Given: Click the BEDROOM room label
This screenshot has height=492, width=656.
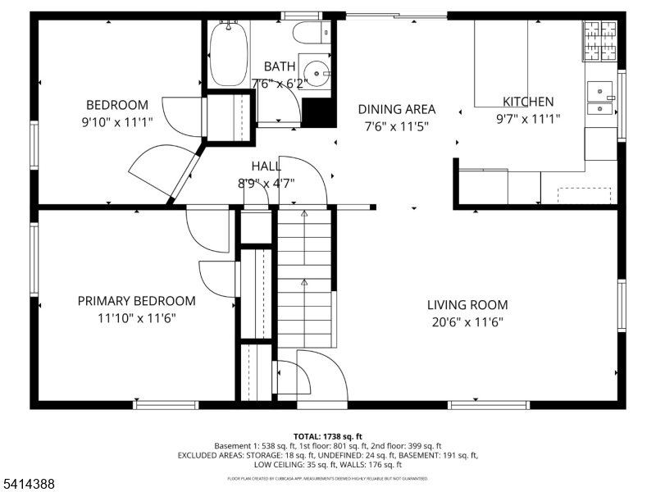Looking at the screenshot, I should pos(117,105).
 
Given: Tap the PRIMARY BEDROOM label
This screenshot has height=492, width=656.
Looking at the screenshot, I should pos(136,301).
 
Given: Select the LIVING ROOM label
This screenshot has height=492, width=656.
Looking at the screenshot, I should pos(467,305).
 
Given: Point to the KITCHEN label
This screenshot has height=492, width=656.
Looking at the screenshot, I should pos(527,102).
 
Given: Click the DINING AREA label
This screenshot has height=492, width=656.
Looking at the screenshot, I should pos(397,109).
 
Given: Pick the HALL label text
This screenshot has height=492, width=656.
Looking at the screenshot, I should pos(266,166).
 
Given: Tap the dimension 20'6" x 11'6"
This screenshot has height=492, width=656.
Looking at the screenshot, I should pos(467,322).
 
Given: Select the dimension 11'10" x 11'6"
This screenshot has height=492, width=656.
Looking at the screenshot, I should pos(136,318).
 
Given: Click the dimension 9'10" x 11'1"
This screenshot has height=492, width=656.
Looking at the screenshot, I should pos(117,122).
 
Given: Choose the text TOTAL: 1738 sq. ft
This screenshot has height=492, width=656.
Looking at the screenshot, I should pos(327,436).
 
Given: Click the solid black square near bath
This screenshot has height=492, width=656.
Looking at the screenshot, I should pos(319,112).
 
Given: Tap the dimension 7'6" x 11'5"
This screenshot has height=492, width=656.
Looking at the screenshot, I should pos(397,126).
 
